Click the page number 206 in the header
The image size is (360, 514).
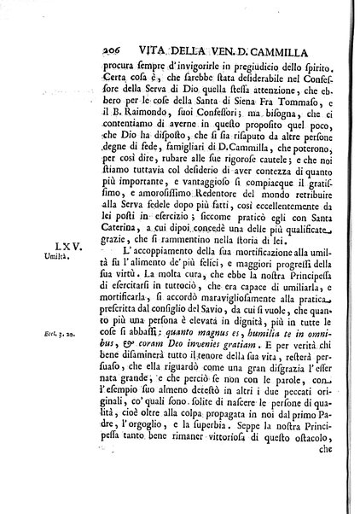(101, 24)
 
